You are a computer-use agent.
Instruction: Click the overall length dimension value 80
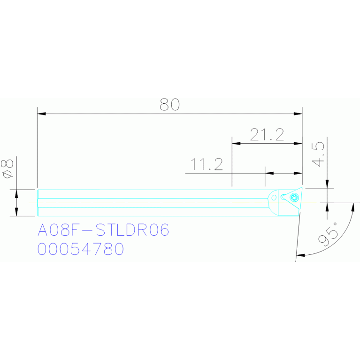(x=169, y=105)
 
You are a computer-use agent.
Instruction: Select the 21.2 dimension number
(x=267, y=135)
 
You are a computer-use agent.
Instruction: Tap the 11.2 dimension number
(x=206, y=165)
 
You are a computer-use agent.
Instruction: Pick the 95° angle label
(x=328, y=235)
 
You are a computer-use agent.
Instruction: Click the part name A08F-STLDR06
(x=103, y=230)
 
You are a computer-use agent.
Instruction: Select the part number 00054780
(x=80, y=249)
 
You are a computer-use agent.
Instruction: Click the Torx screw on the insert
(x=294, y=197)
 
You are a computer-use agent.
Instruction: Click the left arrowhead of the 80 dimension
(x=41, y=114)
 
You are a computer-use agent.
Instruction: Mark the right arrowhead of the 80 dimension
(x=298, y=114)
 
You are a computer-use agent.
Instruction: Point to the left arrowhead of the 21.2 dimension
(x=236, y=143)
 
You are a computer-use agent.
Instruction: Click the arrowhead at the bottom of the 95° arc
(x=300, y=255)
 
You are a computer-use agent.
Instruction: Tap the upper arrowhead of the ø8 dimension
(x=17, y=193)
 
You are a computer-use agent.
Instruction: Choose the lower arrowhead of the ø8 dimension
(x=17, y=213)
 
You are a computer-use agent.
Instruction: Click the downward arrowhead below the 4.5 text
(x=327, y=184)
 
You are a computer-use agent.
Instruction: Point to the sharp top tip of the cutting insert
(x=302, y=188)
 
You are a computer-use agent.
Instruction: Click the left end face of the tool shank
(x=38, y=203)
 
